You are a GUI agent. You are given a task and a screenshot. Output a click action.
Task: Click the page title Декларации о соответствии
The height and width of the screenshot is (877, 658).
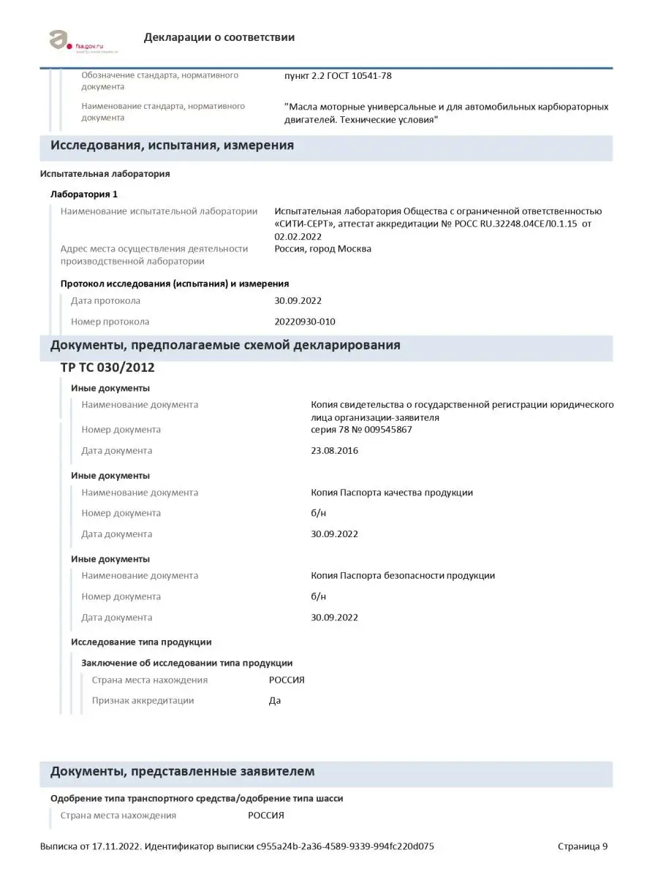pyautogui.click(x=219, y=37)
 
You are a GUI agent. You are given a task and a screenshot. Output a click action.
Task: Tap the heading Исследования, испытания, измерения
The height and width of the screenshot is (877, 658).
pyautogui.click(x=172, y=145)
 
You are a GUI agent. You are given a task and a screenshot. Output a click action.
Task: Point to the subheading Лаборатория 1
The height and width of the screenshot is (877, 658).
pyautogui.click(x=83, y=194)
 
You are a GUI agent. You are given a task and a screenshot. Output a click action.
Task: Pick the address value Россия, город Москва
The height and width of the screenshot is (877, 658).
pyautogui.click(x=322, y=248)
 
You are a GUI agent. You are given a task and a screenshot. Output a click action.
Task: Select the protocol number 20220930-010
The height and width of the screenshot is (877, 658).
pyautogui.click(x=305, y=322)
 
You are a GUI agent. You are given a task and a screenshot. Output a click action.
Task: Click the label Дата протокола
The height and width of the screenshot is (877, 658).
pyautogui.click(x=105, y=300)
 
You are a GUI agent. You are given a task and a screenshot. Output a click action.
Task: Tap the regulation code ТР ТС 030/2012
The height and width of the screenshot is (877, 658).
pyautogui.click(x=107, y=368)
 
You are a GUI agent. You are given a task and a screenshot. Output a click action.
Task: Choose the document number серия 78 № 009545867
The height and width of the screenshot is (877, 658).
pyautogui.click(x=361, y=430)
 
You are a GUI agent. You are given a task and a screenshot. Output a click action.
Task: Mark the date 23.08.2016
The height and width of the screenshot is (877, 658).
pyautogui.click(x=334, y=450)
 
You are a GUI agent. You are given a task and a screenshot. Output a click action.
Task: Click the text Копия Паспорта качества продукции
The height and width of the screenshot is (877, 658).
pyautogui.click(x=392, y=493)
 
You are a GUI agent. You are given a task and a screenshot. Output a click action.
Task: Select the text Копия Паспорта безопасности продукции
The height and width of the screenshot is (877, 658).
pyautogui.click(x=403, y=575)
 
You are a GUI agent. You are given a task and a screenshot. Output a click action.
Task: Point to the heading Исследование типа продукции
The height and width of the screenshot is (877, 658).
pyautogui.click(x=141, y=642)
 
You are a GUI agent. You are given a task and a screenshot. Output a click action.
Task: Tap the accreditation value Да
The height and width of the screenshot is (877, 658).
pyautogui.click(x=275, y=700)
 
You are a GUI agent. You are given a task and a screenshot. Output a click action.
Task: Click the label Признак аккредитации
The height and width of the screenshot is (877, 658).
pyautogui.click(x=143, y=700)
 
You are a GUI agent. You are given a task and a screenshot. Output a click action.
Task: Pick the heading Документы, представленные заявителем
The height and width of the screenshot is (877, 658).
pyautogui.click(x=182, y=772)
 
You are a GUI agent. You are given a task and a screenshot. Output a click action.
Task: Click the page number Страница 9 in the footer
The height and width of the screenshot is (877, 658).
pyautogui.click(x=582, y=847)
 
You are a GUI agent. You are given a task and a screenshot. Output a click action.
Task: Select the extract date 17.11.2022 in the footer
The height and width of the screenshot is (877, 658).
pyautogui.click(x=116, y=847)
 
